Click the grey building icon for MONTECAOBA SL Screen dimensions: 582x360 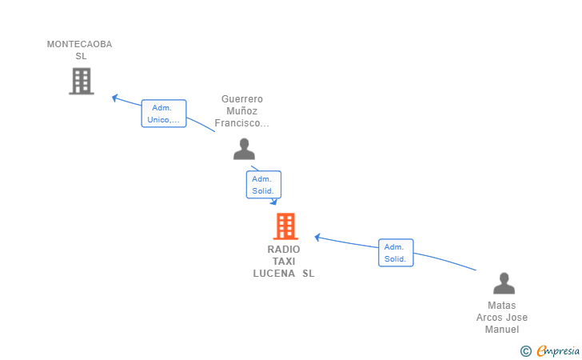click(82, 81)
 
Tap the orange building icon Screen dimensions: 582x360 click(285, 226)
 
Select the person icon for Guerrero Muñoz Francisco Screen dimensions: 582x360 click(244, 149)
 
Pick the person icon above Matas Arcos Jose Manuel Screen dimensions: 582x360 click(504, 283)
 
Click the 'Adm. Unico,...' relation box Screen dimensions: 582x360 click(164, 114)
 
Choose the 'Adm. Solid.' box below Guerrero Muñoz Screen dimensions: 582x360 click(264, 185)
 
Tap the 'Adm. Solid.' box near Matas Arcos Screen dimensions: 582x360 click(396, 253)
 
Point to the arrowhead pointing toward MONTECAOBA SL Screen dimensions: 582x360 click(114, 98)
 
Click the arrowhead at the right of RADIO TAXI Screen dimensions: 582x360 click(317, 237)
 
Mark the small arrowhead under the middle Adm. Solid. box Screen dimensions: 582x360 click(274, 202)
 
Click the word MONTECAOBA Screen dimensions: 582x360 click(79, 44)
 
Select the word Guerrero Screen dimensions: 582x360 click(242, 99)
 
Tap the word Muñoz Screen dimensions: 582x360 click(241, 110)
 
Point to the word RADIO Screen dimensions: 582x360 click(284, 250)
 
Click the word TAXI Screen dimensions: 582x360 click(284, 261)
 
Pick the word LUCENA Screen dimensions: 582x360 click(274, 274)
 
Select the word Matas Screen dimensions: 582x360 click(501, 306)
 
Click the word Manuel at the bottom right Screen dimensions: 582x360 click(502, 329)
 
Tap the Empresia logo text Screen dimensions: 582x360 click(558, 350)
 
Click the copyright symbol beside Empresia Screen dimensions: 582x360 click(525, 351)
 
